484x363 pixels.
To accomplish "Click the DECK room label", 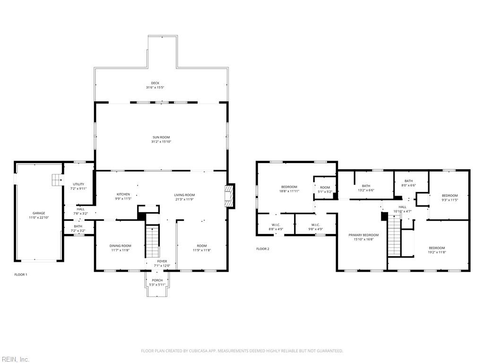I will [155, 83].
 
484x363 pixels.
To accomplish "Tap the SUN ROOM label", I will [161, 137].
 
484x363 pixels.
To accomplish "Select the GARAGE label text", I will [39, 213].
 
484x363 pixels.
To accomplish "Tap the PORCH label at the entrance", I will [157, 280].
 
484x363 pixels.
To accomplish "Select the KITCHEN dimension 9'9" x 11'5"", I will [123, 199].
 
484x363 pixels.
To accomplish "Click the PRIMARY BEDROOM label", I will [363, 235].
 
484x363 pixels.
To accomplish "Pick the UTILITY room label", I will [78, 184].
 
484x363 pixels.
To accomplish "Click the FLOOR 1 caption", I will [21, 275].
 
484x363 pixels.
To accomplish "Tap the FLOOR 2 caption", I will [263, 249].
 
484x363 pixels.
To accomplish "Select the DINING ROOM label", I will [120, 246].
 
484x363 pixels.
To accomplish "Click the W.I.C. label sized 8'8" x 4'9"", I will [277, 225].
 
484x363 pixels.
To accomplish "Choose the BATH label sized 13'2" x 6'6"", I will [366, 186].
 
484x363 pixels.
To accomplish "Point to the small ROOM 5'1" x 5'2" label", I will [325, 187].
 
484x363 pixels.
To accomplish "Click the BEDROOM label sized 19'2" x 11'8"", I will [437, 248].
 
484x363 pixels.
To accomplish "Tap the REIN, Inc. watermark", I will [15, 359].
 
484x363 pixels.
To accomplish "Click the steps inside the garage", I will [57, 180].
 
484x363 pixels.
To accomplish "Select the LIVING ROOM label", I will [184, 195].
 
